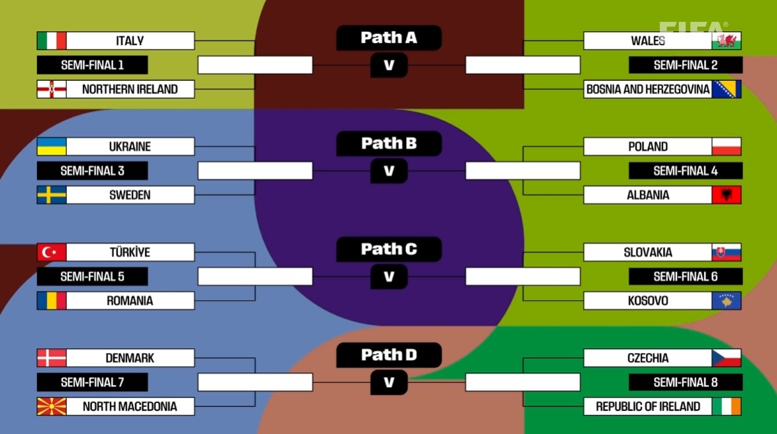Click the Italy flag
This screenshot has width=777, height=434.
[52, 40]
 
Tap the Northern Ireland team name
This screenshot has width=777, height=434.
[130, 89]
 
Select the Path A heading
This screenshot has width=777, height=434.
[389, 38]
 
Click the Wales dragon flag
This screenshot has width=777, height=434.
[727, 40]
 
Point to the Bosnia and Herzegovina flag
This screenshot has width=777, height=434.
[727, 89]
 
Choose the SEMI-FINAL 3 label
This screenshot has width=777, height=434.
[92, 171]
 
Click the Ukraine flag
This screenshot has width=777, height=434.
[52, 146]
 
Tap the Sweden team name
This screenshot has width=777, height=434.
[130, 195]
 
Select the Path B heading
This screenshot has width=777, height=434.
[389, 143]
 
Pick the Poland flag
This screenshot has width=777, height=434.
[727, 146]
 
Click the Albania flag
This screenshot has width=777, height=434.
[727, 195]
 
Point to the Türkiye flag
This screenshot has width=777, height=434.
[52, 252]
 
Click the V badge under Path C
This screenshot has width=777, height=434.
[389, 276]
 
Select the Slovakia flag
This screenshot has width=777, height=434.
[727, 252]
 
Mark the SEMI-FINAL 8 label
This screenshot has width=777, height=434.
[686, 382]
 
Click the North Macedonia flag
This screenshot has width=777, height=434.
[52, 406]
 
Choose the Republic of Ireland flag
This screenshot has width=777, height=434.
[727, 406]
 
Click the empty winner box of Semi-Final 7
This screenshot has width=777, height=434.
[255, 382]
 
